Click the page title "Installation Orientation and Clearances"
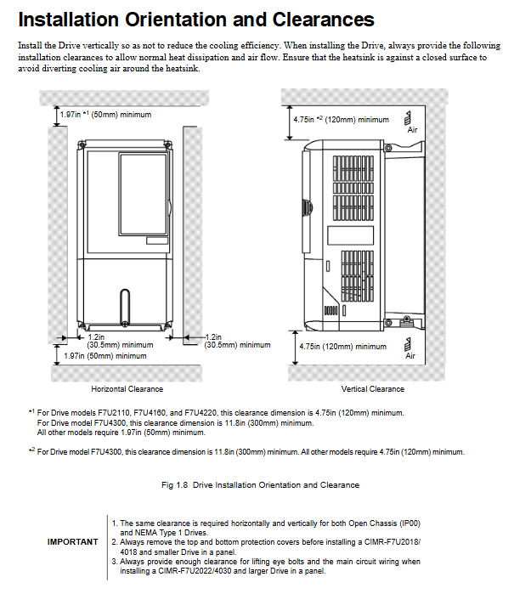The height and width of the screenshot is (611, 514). pyautogui.click(x=195, y=20)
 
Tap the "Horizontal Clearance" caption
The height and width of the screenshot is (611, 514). pyautogui.click(x=127, y=389)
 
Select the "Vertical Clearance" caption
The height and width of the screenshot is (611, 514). pyautogui.click(x=372, y=389)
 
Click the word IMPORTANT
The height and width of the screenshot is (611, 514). pyautogui.click(x=72, y=541)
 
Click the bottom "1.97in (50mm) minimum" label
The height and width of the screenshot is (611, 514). pyautogui.click(x=105, y=356)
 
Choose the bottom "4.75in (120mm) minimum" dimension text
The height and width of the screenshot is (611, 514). pyautogui.click(x=342, y=347)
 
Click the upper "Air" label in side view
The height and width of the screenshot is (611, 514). pyautogui.click(x=412, y=130)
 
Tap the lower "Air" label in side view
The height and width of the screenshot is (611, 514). pyautogui.click(x=410, y=356)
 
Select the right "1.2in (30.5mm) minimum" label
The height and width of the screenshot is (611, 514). pyautogui.click(x=236, y=342)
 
